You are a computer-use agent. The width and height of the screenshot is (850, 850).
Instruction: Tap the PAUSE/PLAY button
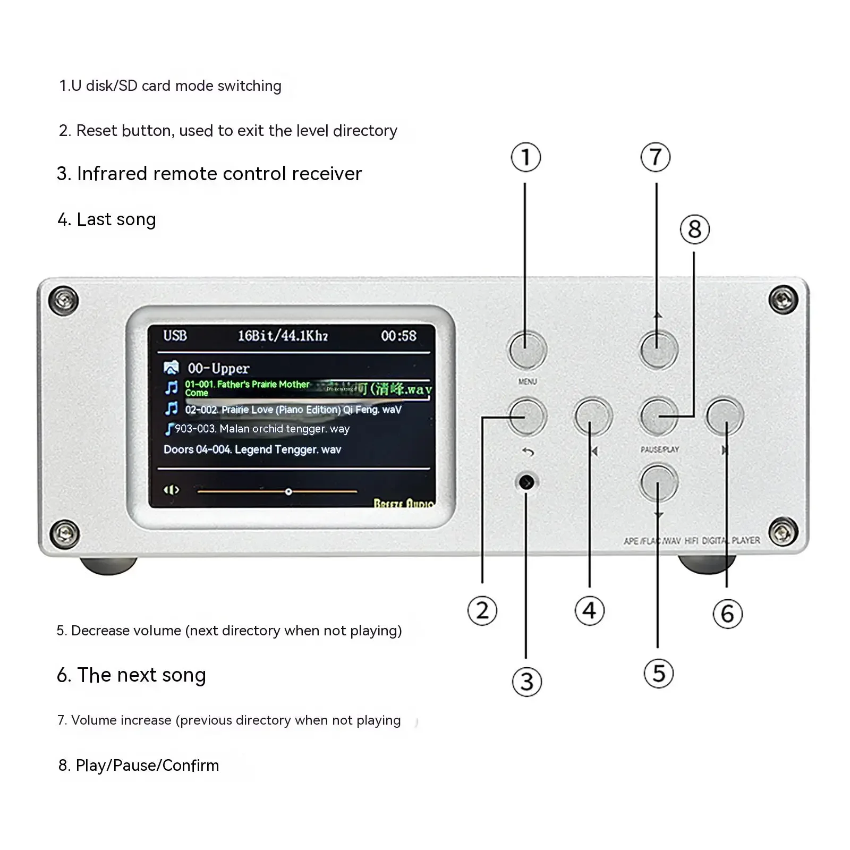(x=659, y=416)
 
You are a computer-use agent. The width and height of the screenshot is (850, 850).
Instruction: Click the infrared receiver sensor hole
(x=526, y=482)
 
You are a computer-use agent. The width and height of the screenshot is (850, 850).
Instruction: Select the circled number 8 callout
(x=694, y=229)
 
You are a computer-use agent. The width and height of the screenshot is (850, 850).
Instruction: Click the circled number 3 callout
(x=526, y=682)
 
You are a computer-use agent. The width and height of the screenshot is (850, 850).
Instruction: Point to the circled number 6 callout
(x=727, y=614)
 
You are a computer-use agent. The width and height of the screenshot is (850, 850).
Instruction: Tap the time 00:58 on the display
(x=398, y=336)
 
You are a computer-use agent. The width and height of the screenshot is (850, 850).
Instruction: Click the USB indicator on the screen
(x=175, y=336)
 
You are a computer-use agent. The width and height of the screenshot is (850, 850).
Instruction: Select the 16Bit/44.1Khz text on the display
(x=282, y=336)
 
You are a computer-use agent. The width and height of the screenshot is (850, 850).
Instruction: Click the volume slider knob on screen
(x=288, y=492)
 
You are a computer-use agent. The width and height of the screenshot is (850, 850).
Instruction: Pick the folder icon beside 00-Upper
(x=171, y=368)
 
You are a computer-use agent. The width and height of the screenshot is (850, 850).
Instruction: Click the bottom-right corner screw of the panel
(x=783, y=532)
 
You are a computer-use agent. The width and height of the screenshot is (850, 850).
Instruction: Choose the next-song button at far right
(x=725, y=416)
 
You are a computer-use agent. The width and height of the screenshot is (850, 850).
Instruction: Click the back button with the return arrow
(x=528, y=416)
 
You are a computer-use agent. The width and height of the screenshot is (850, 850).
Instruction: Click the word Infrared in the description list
(x=112, y=174)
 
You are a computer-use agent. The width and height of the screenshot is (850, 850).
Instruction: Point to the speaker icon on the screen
(x=171, y=490)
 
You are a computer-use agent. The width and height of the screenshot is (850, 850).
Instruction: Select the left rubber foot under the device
(x=108, y=565)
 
